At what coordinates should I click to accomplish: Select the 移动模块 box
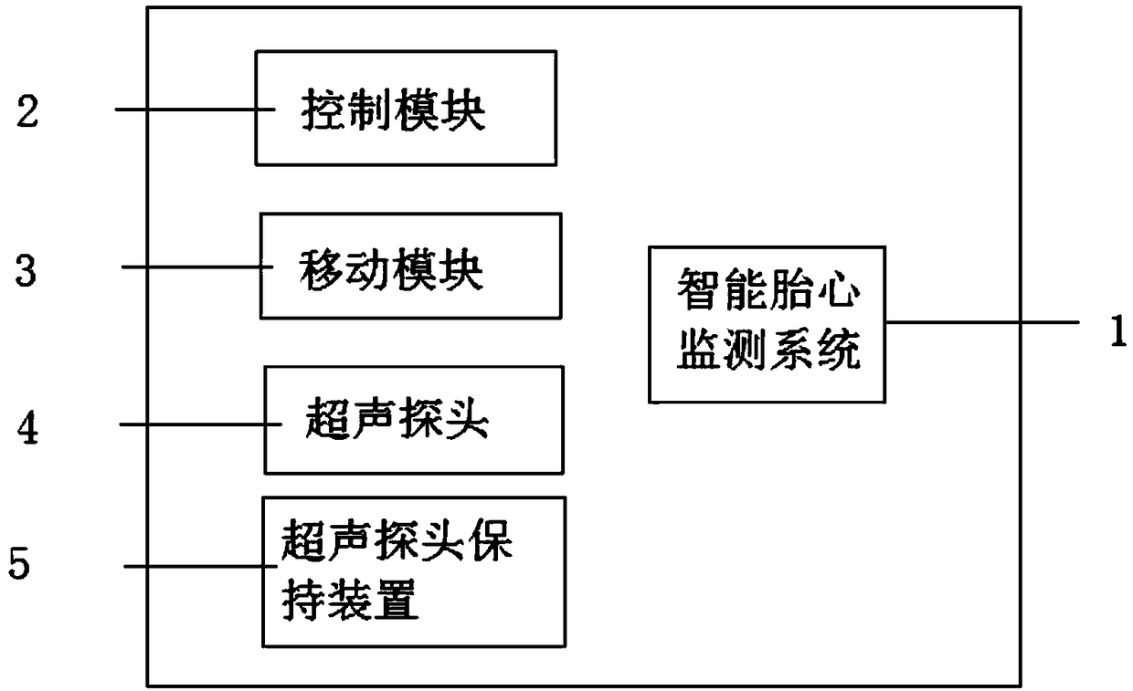(x=410, y=266)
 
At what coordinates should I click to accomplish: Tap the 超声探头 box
(x=413, y=419)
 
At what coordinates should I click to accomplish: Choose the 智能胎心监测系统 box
(x=767, y=324)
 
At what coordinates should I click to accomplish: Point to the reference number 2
(x=28, y=112)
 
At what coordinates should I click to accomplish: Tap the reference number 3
(x=28, y=270)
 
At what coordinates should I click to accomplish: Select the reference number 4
(x=29, y=428)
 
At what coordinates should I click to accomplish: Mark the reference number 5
(x=19, y=564)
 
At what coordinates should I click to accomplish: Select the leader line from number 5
(x=194, y=566)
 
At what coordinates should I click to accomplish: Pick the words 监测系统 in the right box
(x=768, y=351)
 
